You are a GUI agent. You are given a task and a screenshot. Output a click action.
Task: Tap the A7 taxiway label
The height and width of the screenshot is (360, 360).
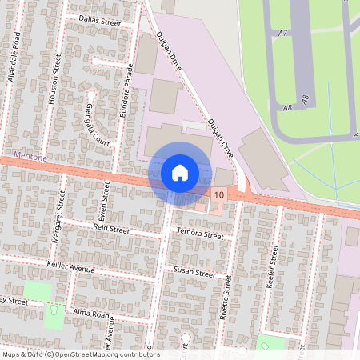[282, 33]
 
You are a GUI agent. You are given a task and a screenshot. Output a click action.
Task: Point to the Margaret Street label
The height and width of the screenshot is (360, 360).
[57, 226]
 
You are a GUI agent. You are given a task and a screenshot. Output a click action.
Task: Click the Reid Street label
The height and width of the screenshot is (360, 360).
[111, 230]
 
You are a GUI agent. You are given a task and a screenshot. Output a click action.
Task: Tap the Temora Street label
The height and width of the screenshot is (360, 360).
[201, 235]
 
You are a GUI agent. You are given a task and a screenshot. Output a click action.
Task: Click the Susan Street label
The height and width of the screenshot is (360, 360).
[194, 273]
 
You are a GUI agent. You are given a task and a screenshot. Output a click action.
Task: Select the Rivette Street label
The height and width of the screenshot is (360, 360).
[226, 298]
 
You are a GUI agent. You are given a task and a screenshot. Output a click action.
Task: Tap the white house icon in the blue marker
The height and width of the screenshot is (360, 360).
[180, 172]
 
